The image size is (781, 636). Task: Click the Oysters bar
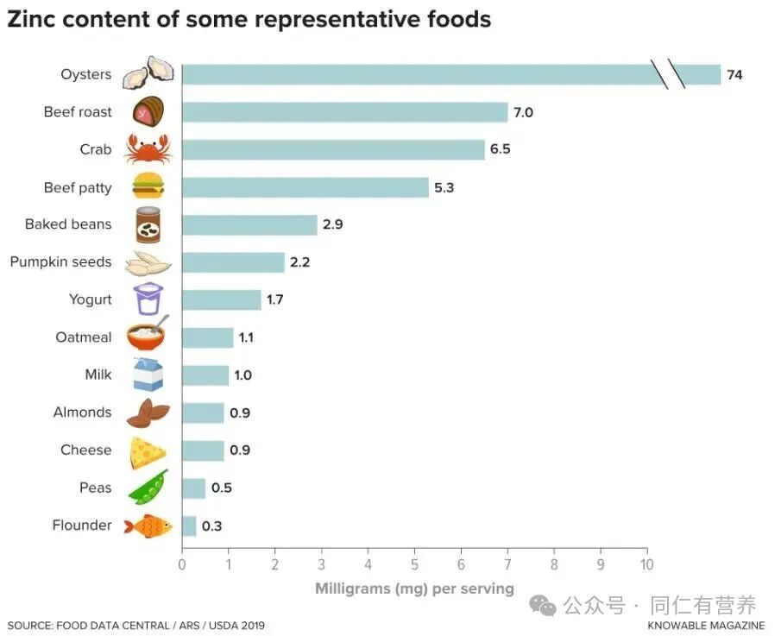click(414, 75)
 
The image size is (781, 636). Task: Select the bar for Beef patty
click(305, 187)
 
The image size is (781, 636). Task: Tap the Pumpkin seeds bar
click(233, 262)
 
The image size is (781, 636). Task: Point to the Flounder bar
click(189, 526)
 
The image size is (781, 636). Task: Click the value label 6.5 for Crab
click(501, 149)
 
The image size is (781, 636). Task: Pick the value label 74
click(734, 75)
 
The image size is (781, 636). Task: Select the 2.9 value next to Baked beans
click(333, 225)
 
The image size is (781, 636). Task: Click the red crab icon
click(148, 149)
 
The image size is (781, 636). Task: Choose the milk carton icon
click(148, 375)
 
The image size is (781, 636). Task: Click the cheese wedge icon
click(148, 451)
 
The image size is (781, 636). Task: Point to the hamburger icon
click(148, 186)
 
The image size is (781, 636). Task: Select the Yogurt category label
click(91, 299)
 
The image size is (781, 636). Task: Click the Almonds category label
click(83, 412)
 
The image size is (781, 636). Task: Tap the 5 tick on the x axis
click(414, 564)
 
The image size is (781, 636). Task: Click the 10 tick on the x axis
click(646, 564)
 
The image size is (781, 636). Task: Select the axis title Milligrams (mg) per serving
click(414, 589)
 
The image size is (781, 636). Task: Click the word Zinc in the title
click(34, 20)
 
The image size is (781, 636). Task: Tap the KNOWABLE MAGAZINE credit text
click(706, 625)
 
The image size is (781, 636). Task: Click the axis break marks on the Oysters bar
click(669, 75)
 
